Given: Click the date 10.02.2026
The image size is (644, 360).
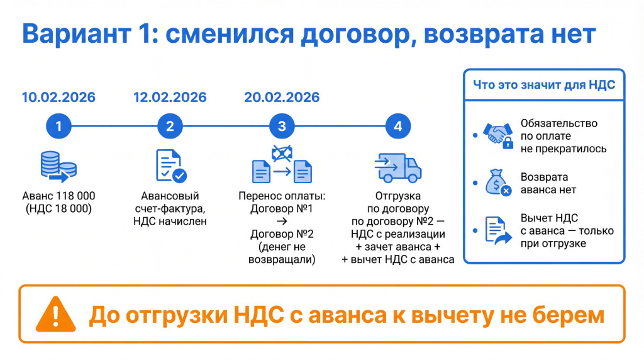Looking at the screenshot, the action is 58,98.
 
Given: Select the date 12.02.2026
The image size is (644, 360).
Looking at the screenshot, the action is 170,98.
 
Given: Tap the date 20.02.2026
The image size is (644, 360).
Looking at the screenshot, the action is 282,98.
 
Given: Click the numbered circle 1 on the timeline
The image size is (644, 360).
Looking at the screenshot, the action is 58,126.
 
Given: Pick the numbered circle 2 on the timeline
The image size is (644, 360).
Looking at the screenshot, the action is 170,126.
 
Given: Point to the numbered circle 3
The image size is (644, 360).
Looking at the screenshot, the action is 282,126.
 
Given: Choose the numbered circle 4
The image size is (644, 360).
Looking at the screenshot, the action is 398,126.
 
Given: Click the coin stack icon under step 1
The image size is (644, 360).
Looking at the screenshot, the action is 58,166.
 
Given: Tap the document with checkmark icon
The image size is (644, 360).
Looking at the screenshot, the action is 171,166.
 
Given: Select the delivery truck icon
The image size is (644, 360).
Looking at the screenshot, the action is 397,167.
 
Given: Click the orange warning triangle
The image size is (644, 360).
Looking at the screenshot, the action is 55,315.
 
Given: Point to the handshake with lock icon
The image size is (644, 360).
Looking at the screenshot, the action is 498,135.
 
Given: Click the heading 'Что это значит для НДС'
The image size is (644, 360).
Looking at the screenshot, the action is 544,85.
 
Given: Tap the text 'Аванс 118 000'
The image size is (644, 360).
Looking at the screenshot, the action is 58,196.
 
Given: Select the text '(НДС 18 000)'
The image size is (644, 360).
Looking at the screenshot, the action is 58,209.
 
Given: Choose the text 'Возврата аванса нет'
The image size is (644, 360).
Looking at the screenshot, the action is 548,183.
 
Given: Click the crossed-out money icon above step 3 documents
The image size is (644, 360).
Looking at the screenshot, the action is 282,154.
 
